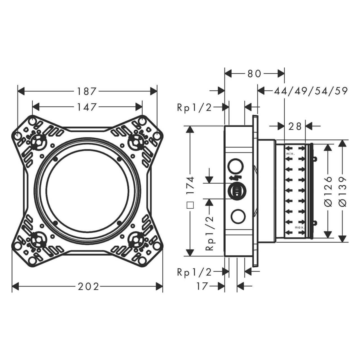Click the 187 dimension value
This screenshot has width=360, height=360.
click(87, 91)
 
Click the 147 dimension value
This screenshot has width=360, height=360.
click(87, 107)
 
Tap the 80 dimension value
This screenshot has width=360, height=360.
click(254, 74)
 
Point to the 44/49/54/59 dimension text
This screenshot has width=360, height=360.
click(311, 91)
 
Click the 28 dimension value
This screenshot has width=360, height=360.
click(295, 127)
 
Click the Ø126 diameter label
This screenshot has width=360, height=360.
click(327, 192)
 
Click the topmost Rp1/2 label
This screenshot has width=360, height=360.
click(194, 108)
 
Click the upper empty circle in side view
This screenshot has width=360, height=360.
click(236, 166)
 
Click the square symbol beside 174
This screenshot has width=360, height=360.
click(191, 205)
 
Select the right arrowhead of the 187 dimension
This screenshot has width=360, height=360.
click(154, 91)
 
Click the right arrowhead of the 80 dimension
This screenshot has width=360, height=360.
click(281, 74)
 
